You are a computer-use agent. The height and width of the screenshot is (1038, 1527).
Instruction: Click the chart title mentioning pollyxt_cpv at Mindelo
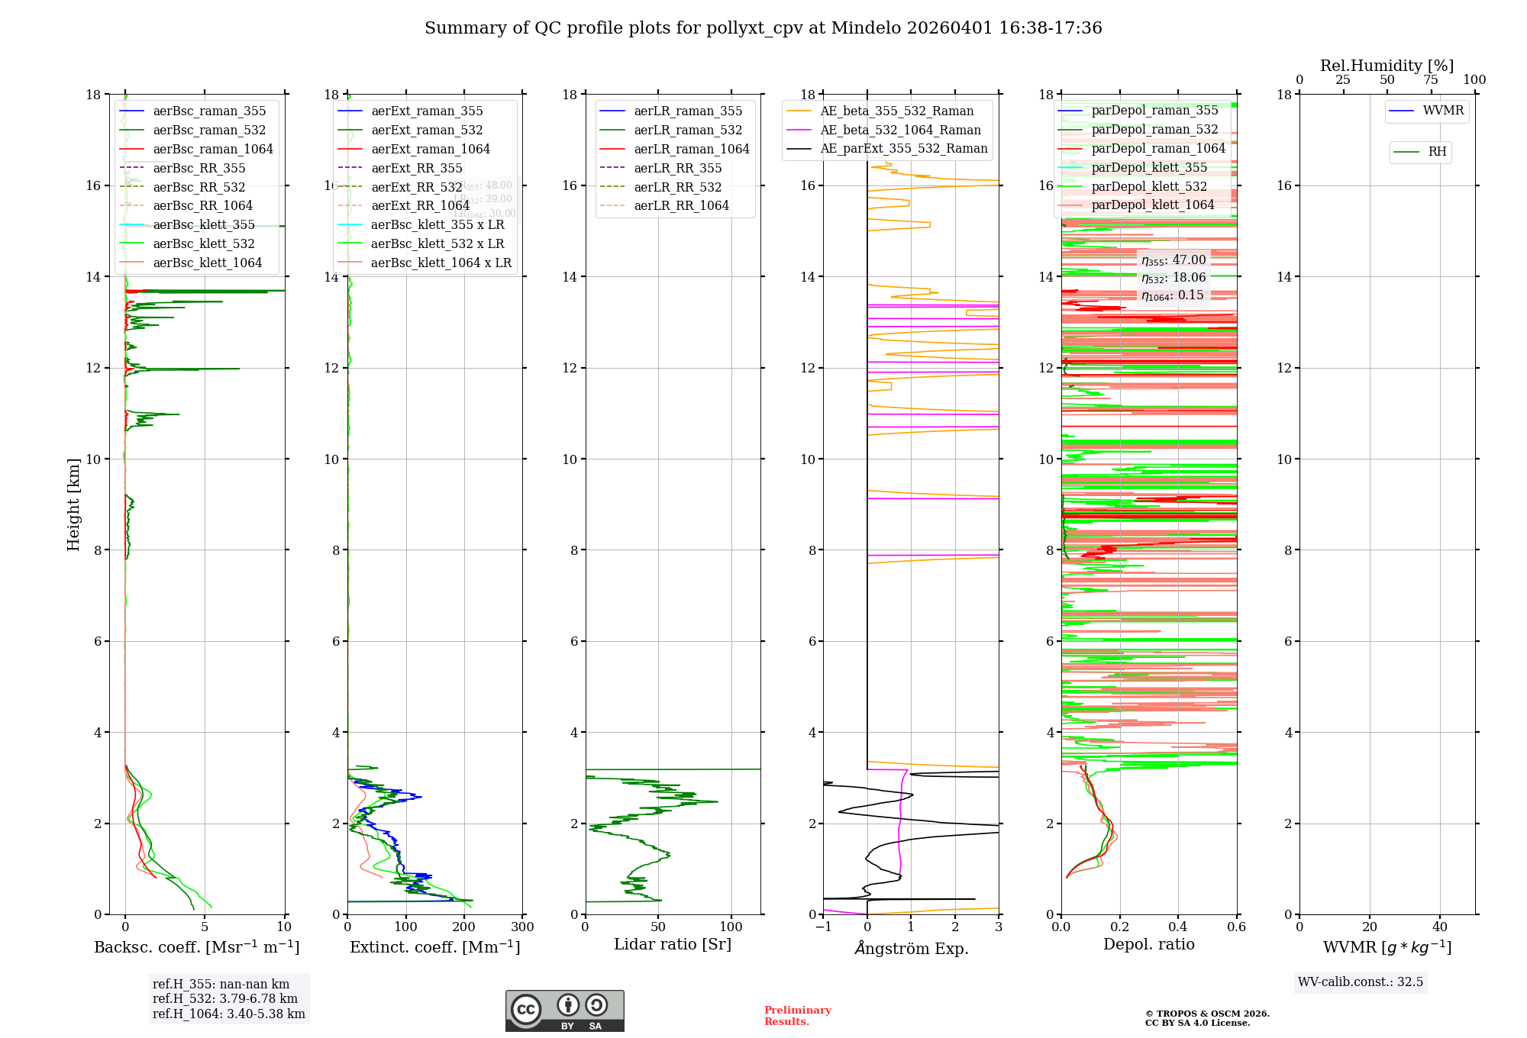click(763, 28)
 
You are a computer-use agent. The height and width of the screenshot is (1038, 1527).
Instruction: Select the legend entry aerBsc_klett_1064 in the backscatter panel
click(207, 263)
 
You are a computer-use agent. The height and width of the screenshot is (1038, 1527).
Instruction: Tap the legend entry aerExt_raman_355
click(427, 111)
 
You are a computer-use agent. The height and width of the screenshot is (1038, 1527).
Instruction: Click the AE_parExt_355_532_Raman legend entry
click(903, 149)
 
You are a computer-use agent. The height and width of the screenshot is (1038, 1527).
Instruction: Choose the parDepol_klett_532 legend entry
click(1149, 186)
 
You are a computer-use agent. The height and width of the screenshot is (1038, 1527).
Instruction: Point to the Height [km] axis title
click(73, 504)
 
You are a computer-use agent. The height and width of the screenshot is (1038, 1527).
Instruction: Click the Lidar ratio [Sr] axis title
click(672, 945)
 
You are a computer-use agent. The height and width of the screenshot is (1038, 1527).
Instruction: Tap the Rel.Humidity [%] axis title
click(1387, 66)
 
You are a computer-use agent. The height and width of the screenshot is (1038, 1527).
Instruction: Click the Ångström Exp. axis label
click(911, 949)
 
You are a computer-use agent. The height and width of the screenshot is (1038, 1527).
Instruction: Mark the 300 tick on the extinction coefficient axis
click(523, 927)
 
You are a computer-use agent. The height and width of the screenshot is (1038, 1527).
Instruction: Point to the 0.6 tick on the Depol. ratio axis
click(1236, 927)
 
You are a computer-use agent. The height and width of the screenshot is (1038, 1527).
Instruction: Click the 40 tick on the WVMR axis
click(1440, 927)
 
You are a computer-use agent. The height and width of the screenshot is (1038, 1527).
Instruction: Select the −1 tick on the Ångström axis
click(823, 927)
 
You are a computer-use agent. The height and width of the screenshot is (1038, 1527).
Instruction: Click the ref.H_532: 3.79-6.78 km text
click(225, 998)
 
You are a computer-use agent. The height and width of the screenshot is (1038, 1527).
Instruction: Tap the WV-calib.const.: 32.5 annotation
click(1361, 982)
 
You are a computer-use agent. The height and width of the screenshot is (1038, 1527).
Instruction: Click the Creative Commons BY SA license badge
click(564, 1011)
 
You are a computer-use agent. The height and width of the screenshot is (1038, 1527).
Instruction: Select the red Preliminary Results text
click(797, 1016)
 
